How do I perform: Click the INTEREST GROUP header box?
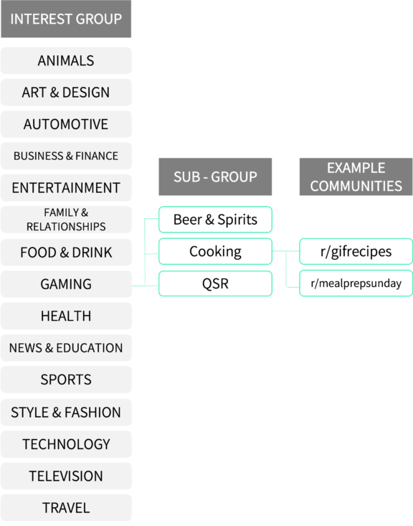[66, 19]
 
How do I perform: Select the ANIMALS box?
[66, 61]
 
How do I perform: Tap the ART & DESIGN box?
[66, 93]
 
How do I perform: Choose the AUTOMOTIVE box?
[66, 124]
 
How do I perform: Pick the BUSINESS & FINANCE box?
[66, 156]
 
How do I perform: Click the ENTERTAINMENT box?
[66, 188]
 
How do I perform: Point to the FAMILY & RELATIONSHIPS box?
[66, 220]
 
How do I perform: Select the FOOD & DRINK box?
[66, 253]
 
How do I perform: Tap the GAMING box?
[66, 284]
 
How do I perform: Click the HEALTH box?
[66, 316]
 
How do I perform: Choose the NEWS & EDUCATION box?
[66, 348]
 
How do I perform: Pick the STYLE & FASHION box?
[66, 413]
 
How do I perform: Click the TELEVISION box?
[66, 476]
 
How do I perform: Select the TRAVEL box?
[66, 508]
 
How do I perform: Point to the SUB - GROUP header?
[215, 177]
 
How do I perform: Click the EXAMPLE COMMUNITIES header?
[356, 177]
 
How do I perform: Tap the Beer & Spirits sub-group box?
[215, 220]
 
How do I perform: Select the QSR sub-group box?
[215, 283]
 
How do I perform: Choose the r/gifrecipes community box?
[356, 251]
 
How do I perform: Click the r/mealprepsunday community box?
[356, 283]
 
